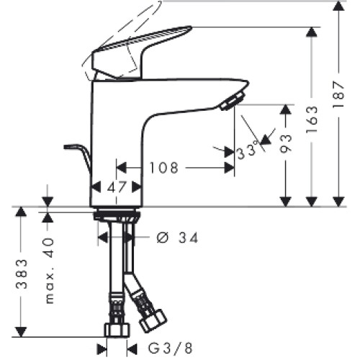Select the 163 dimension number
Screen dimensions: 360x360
[x=312, y=120]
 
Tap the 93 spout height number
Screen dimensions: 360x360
[x=286, y=143]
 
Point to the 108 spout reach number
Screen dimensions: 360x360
[x=164, y=168]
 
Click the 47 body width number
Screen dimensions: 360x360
[x=117, y=187]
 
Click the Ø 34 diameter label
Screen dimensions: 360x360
[x=178, y=238]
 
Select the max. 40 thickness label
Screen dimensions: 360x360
[x=50, y=271]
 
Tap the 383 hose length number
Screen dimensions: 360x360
[x=22, y=274]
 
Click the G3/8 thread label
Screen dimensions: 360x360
[x=170, y=348]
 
